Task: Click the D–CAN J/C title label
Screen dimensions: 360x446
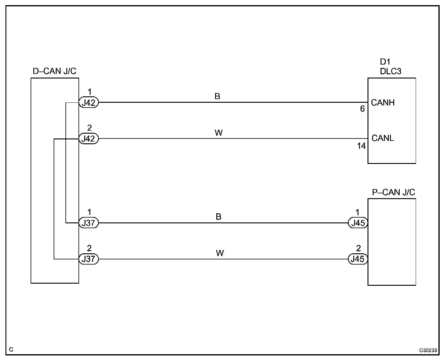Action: [55, 71]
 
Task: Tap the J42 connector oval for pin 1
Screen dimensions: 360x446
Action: [89, 103]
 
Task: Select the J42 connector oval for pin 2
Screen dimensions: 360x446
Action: [89, 139]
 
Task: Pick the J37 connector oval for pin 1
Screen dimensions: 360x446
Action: [89, 223]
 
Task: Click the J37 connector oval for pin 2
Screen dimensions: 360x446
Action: [89, 259]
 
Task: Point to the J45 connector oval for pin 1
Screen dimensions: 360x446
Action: [358, 223]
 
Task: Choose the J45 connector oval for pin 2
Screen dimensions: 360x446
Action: [358, 259]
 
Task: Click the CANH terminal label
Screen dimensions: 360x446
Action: [383, 103]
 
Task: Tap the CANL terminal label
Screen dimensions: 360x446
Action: [383, 138]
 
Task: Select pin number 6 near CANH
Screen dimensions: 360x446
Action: [362, 109]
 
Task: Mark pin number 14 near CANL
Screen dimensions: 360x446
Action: [361, 146]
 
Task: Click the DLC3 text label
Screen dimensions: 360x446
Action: [391, 71]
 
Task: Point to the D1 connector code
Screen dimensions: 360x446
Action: [385, 62]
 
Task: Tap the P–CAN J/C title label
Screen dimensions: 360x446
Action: [393, 192]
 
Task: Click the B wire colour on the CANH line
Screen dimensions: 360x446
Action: [217, 96]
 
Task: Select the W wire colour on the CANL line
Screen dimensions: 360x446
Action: [218, 133]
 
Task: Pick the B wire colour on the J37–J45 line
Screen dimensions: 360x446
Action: [218, 217]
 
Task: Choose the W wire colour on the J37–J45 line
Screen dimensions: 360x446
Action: [220, 253]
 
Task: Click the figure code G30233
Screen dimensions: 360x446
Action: [428, 350]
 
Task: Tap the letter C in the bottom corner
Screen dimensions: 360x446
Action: [11, 350]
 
